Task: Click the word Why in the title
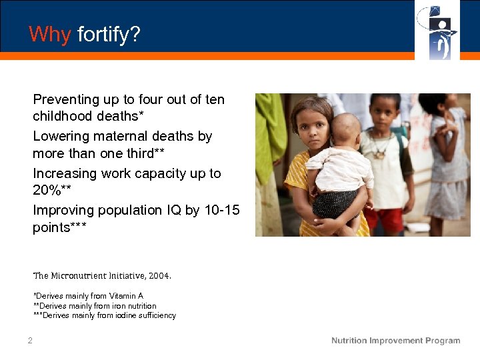[x=49, y=34]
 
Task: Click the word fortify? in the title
[x=109, y=35]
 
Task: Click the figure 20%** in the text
[x=52, y=190]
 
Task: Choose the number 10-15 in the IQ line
[x=221, y=210]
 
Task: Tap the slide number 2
[x=30, y=341]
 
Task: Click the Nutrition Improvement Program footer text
[x=395, y=341]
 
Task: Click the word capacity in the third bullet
[x=160, y=173]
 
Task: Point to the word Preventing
[x=65, y=99]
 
